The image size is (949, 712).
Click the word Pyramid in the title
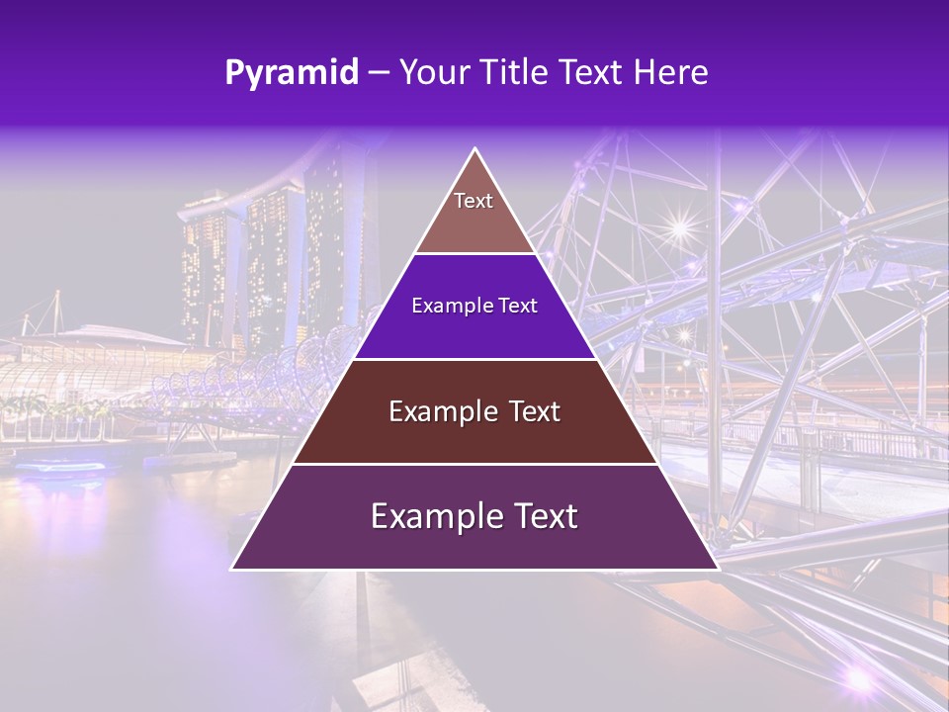(x=292, y=73)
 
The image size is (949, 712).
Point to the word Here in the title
(x=672, y=73)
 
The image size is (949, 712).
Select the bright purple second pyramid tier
(x=474, y=307)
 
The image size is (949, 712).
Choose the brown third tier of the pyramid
(x=474, y=412)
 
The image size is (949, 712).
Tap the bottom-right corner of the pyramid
(x=716, y=568)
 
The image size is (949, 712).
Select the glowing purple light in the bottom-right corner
(x=858, y=677)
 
